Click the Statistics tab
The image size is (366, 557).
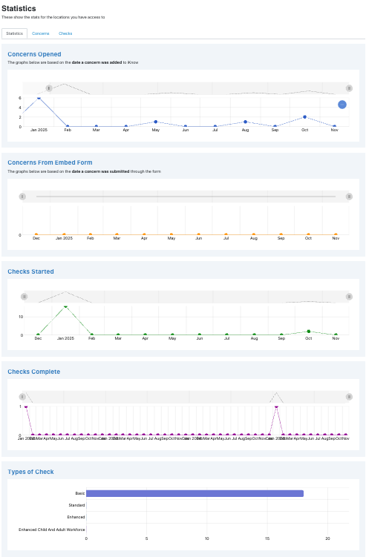tap(14, 33)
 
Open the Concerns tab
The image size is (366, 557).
tap(41, 33)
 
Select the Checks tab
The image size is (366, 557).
tap(65, 33)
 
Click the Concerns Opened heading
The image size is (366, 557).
tap(34, 54)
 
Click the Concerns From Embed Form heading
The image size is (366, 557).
tap(50, 162)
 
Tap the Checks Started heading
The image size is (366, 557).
tap(30, 271)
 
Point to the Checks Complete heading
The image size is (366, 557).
tap(33, 371)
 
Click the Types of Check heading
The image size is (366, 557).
tap(30, 471)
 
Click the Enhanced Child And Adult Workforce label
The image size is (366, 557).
tap(52, 530)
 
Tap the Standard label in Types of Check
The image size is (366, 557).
tap(76, 505)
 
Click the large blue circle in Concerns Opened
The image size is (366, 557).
tap(342, 105)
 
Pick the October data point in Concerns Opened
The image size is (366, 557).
tap(304, 117)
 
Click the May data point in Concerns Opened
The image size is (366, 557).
tap(156, 122)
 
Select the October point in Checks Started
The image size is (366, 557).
tap(308, 332)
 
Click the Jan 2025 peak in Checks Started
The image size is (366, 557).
tap(65, 306)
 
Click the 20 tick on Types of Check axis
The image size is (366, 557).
tap(327, 539)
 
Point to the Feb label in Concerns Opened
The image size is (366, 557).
tap(68, 131)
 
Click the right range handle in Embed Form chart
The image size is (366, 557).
tap(349, 197)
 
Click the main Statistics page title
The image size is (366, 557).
tap(19, 8)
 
